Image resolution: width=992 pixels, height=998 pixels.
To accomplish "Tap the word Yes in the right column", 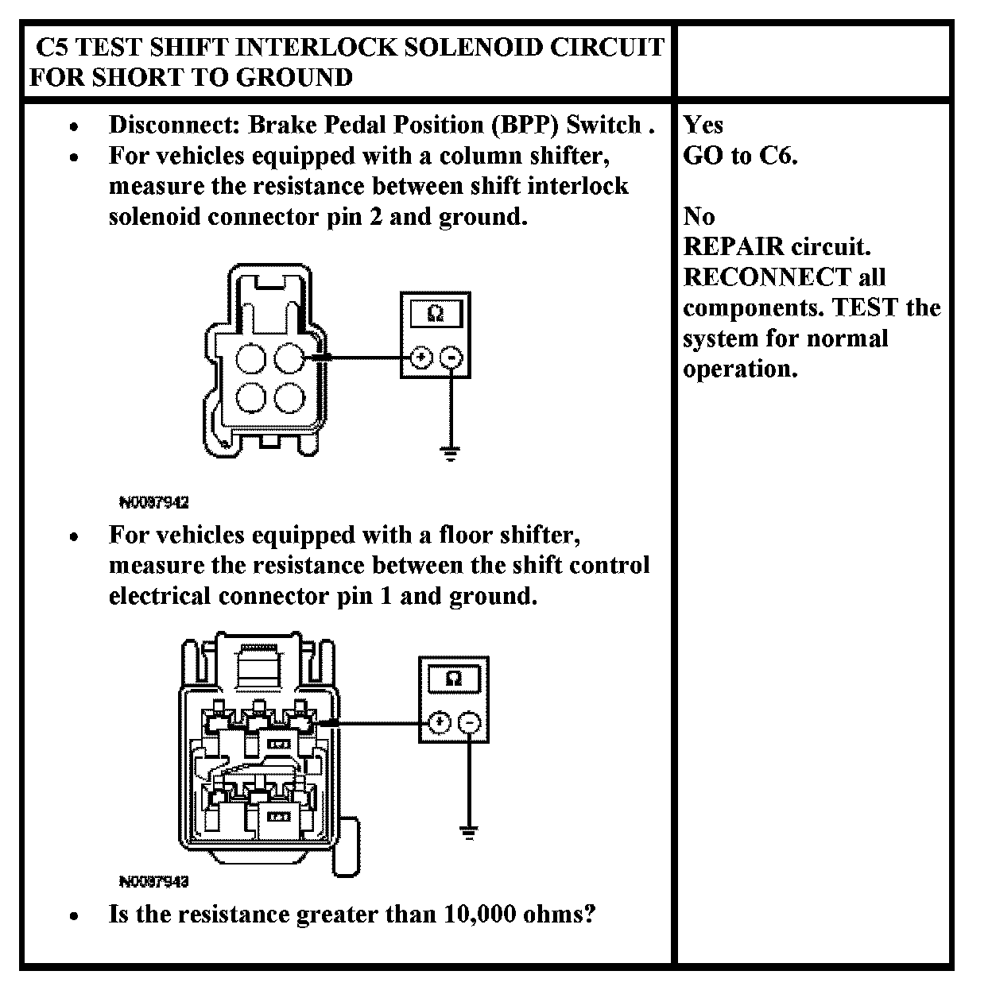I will coord(703,125).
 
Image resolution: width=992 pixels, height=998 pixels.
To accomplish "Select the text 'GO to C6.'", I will coord(740,155).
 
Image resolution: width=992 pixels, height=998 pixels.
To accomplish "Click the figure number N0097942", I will coord(153,502).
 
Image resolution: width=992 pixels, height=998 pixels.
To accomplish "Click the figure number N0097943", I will coord(153,881).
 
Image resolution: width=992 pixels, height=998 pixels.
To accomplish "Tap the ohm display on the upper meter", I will coord(435,314).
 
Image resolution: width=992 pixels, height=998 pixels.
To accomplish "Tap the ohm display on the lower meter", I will coord(454,679).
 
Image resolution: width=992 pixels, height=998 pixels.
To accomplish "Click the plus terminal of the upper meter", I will coord(420,358).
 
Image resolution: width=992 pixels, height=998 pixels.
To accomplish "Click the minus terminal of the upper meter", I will coord(451,358).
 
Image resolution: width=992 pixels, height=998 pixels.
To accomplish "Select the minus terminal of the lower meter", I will coord(471,723).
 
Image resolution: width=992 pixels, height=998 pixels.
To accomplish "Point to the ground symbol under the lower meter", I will coord(469,833).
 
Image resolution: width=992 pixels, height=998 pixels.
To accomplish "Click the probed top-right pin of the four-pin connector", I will coord(289,359).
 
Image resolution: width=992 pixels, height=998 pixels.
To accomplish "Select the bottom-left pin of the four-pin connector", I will coord(251,397).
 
